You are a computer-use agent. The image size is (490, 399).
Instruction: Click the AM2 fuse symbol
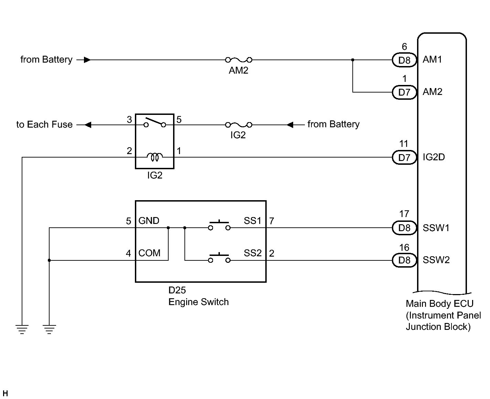tap(238, 60)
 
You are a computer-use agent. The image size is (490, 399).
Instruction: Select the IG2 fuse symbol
tap(238, 125)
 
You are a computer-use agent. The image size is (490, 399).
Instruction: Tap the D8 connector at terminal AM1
tap(404, 60)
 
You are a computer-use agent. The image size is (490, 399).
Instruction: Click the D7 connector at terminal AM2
tap(404, 92)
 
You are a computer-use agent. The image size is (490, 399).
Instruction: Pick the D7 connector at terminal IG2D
tap(404, 157)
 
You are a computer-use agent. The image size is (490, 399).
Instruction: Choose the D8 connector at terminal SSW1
tap(404, 228)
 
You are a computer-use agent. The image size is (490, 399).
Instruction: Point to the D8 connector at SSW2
tap(404, 260)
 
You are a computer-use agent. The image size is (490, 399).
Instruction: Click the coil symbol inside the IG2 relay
tap(155, 157)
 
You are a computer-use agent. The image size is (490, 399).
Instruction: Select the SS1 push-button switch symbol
tap(219, 225)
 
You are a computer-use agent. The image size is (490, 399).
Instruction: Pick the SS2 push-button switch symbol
tap(219, 258)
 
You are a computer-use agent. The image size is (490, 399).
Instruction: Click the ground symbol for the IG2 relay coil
tap(22, 329)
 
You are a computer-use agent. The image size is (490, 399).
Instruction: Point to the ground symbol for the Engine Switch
tap(49, 329)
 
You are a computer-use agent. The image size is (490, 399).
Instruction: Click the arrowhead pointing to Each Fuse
tap(88, 125)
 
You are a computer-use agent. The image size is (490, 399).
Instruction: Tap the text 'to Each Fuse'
tap(44, 125)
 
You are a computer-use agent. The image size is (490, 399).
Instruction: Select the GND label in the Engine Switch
tap(149, 221)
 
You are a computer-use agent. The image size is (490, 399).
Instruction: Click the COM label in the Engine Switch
tap(149, 253)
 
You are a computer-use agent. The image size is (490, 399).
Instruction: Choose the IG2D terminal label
tap(434, 157)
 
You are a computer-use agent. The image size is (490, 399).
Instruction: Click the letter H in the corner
tap(5, 393)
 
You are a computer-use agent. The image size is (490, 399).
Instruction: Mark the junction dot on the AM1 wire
tap(353, 60)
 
